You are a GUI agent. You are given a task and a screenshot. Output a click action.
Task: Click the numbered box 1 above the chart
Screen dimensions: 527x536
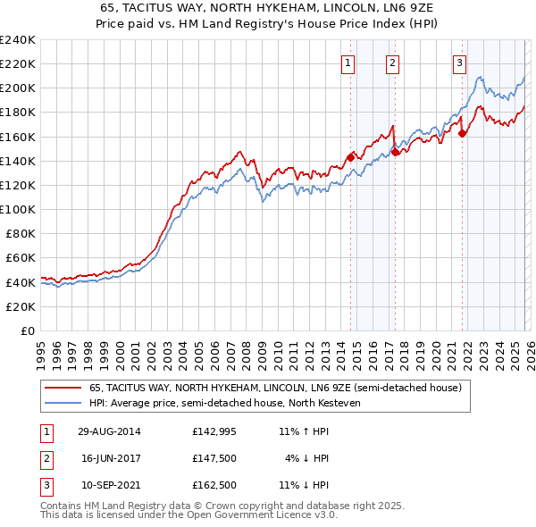[348, 63]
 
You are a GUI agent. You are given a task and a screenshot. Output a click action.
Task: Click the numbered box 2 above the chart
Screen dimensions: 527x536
[392, 63]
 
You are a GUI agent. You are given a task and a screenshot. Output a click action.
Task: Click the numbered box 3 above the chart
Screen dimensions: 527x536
[459, 63]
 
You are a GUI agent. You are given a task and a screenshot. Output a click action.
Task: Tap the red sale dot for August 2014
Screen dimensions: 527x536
[350, 156]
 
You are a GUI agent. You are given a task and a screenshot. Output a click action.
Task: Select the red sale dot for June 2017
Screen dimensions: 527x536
[395, 152]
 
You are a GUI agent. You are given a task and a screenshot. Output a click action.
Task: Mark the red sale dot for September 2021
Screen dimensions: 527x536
[462, 133]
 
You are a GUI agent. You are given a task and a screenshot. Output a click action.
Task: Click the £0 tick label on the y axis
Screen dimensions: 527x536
[27, 330]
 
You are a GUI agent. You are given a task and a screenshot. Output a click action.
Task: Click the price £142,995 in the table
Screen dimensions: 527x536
[215, 431]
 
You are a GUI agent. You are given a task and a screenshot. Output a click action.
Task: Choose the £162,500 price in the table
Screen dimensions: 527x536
[215, 485]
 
